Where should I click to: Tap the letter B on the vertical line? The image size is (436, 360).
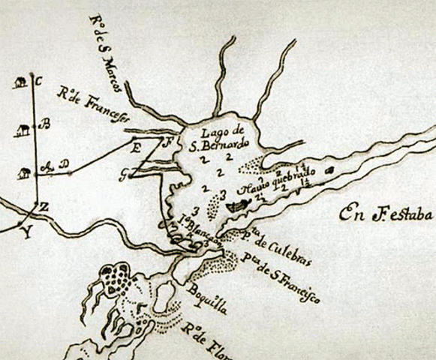44,125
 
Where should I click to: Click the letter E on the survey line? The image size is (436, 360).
137,148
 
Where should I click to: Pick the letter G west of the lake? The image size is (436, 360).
123,173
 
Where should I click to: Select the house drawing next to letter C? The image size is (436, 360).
19,83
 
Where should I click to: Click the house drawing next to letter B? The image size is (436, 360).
23,130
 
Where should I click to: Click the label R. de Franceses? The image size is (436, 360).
96,106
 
